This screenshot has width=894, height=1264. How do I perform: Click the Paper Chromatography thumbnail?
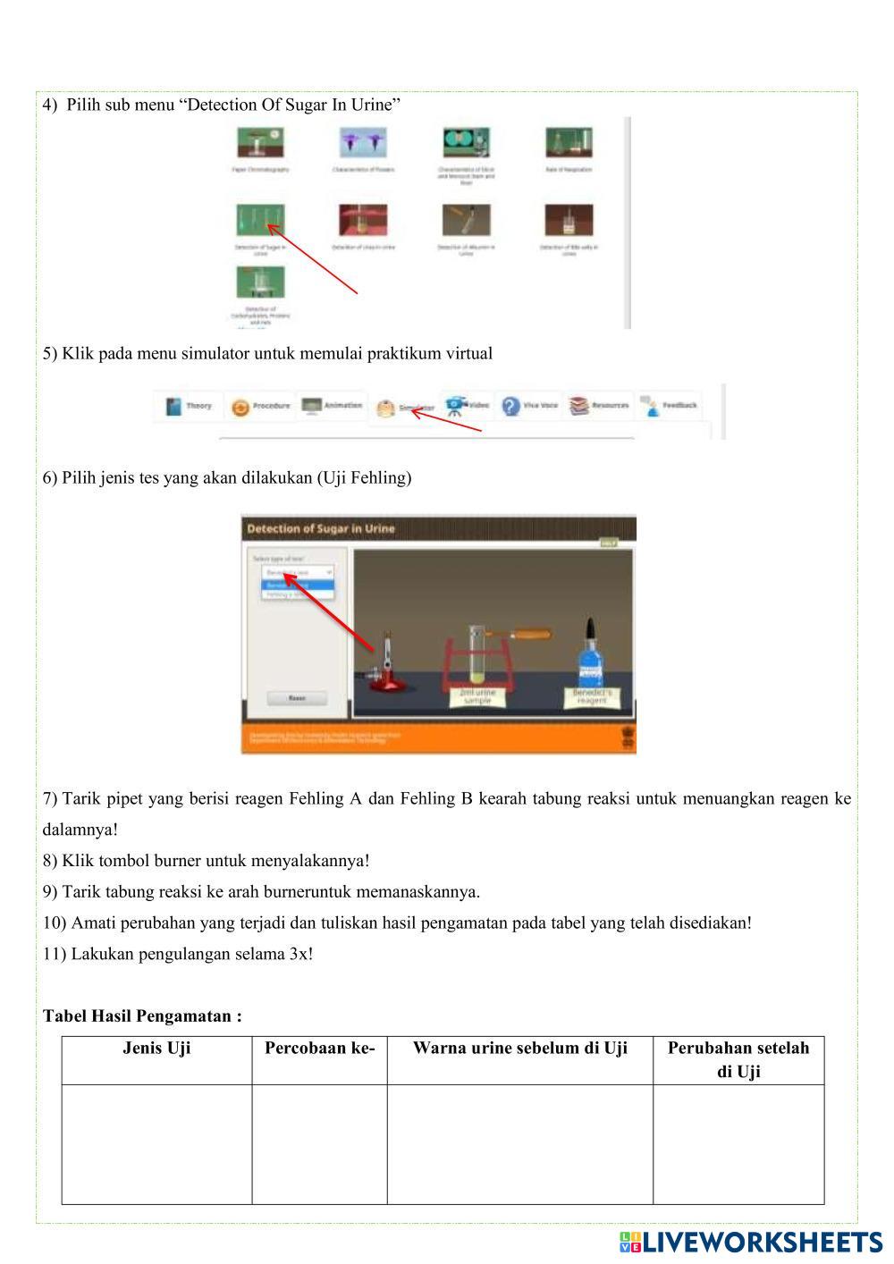pyautogui.click(x=260, y=143)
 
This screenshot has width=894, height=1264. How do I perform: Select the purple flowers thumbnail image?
pyautogui.click(x=362, y=143)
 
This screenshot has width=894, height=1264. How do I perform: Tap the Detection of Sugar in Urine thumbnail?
pyautogui.click(x=260, y=220)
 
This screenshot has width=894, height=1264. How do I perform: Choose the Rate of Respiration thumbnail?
pyautogui.click(x=569, y=143)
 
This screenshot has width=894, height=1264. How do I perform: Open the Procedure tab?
pyautogui.click(x=261, y=407)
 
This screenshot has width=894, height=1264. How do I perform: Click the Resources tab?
pyautogui.click(x=600, y=407)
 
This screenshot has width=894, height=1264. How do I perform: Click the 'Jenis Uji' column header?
pyautogui.click(x=156, y=1049)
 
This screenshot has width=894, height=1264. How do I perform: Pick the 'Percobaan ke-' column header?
pyautogui.click(x=319, y=1049)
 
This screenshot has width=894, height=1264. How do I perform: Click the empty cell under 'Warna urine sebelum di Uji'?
pyautogui.click(x=519, y=1144)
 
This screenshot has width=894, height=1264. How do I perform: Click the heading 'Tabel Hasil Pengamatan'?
pyautogui.click(x=142, y=1016)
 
